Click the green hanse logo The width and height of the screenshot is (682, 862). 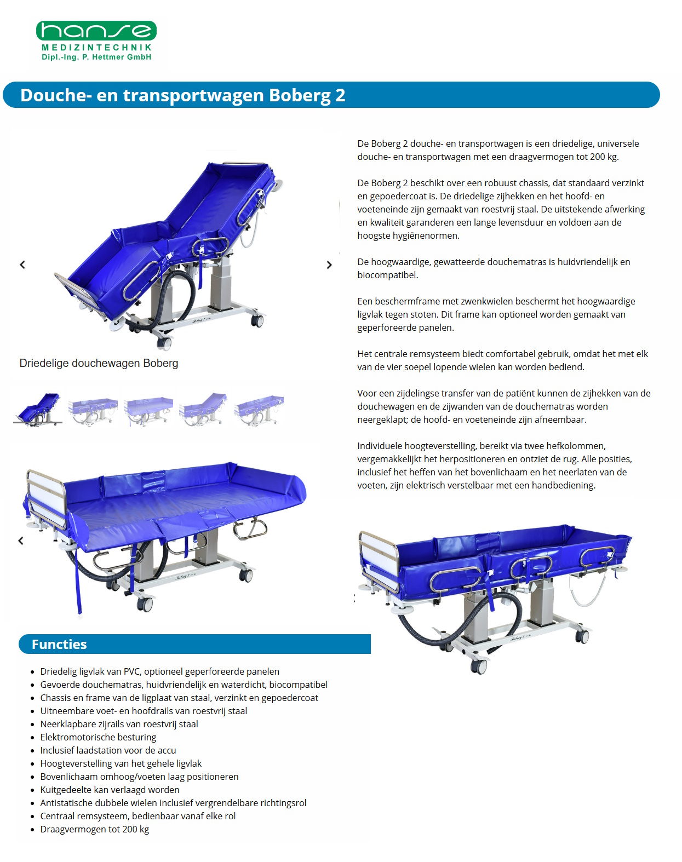[x=96, y=31]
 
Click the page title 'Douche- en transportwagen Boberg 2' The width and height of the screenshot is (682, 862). [x=182, y=95]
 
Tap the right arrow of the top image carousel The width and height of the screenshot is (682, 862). [x=329, y=265]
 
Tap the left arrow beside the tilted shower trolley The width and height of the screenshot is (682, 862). [x=22, y=265]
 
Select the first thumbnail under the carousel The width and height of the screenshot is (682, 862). [x=38, y=409]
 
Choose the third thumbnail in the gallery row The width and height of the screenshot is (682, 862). [x=148, y=410]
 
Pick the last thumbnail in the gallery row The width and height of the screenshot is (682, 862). [x=259, y=410]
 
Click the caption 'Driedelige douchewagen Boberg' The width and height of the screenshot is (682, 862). [x=99, y=363]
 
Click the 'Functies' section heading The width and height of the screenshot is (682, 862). [x=59, y=645]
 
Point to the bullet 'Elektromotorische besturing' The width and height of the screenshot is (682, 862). [x=98, y=737]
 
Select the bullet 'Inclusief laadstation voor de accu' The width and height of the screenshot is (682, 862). [x=108, y=750]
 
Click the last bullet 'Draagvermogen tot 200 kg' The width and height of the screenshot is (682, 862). [x=94, y=829]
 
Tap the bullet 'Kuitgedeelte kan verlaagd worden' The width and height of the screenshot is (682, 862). [x=110, y=790]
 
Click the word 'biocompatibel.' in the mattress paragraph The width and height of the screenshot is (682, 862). [x=388, y=275]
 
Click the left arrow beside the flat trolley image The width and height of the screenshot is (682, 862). [x=21, y=541]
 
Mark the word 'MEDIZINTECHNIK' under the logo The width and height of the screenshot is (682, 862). [x=96, y=48]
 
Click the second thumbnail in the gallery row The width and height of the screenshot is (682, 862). [x=93, y=410]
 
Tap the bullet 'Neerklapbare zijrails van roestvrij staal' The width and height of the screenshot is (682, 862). [x=119, y=724]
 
